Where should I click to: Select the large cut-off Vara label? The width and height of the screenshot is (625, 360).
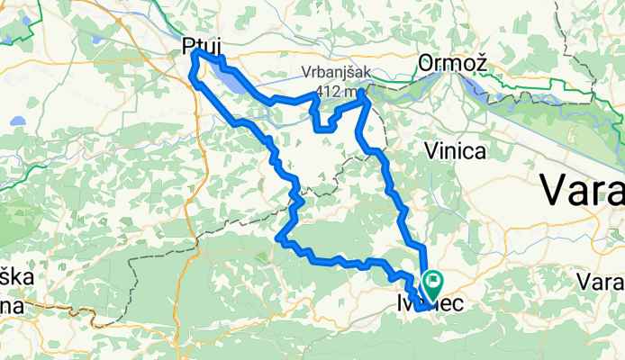[x=582, y=191]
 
